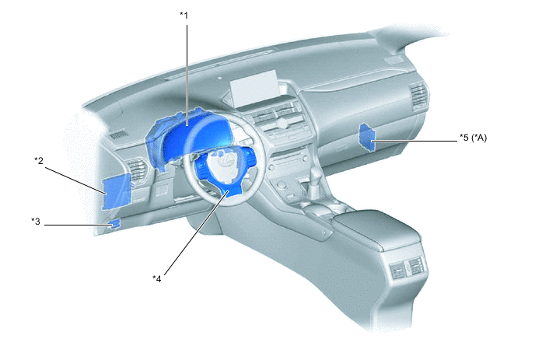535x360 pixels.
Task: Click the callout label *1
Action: tap(184, 16)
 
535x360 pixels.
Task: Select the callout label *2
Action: tap(39, 160)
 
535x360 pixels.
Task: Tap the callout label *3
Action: tap(36, 222)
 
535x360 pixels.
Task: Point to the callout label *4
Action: tap(156, 279)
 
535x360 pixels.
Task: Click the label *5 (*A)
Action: tap(473, 138)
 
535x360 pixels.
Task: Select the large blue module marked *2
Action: tap(117, 191)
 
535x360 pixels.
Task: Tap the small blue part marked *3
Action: tap(115, 224)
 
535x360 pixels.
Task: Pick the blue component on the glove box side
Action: tap(366, 137)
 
